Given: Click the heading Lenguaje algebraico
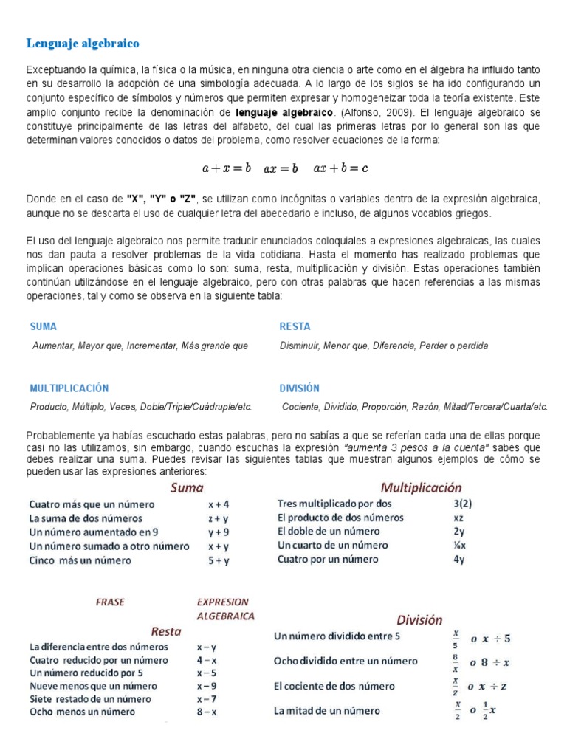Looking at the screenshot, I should pos(83,44).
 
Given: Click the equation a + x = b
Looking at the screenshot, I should pos(227,168).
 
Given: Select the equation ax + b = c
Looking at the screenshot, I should pos(340,168).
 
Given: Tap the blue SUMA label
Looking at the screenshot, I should pos(44,326).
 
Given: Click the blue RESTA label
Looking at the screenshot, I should pos(295,326).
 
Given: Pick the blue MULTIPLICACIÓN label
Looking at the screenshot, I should pos(69,388).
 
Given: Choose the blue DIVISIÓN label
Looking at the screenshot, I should pos(299,388).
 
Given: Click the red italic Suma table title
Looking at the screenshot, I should pos(187,487).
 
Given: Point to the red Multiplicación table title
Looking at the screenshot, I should pos(421,487).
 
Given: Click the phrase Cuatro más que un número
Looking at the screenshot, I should pos(92,505).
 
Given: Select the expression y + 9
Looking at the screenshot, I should pos(219,532).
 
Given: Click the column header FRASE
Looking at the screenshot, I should pos(111,602).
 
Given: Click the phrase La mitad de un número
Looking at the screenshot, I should pos(327,711).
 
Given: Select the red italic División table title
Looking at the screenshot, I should pos(419,620).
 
